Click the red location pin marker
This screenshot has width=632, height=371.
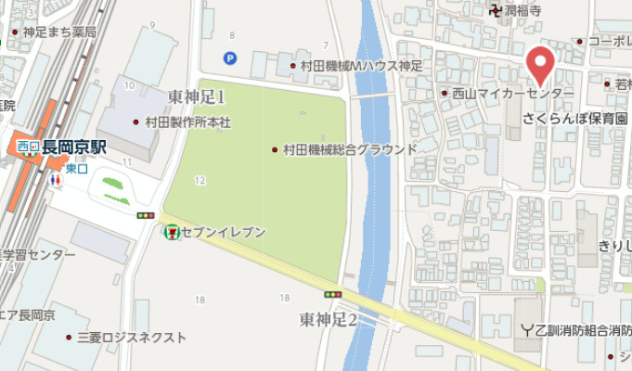click(x=540, y=66)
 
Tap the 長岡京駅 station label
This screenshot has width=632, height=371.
click(x=73, y=147)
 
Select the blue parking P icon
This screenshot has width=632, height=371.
click(x=229, y=58)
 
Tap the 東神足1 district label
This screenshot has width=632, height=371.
click(x=197, y=96)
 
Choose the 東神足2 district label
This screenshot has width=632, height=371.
click(x=329, y=320)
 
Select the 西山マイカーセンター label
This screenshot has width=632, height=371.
click(x=512, y=94)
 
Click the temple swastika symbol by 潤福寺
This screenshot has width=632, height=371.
click(x=497, y=11)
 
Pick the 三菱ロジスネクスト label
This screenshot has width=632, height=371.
click(x=131, y=337)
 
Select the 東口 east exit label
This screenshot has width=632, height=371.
click(x=76, y=168)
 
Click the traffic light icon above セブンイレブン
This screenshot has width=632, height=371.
click(x=145, y=215)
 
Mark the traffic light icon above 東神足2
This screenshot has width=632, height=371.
click(x=332, y=295)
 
